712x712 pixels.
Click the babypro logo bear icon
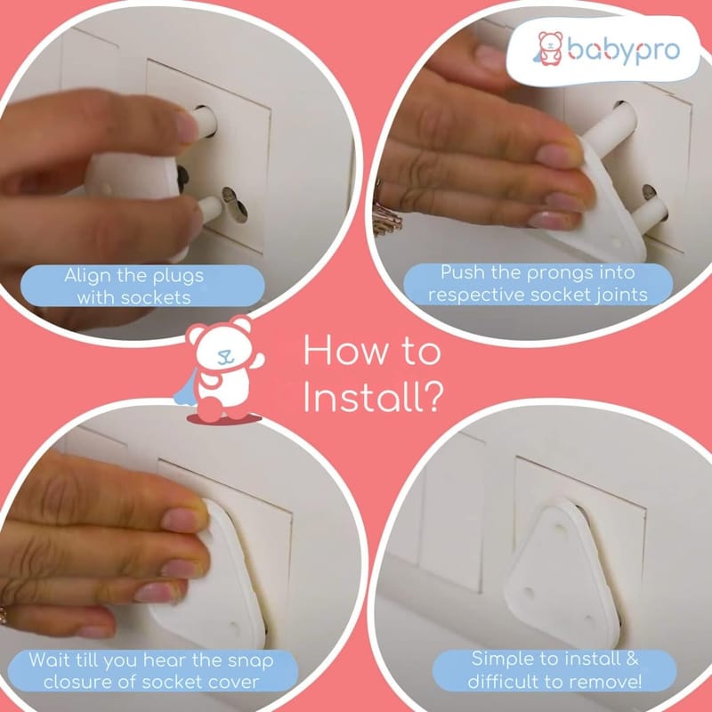point(549,48)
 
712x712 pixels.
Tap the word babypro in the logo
point(624,50)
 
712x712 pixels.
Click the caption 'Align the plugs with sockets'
point(134,287)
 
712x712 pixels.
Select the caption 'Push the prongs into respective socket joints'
point(538,284)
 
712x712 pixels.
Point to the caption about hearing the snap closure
point(151,671)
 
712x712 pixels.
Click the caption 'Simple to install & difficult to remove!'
point(554,670)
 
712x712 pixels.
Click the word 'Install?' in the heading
point(373,397)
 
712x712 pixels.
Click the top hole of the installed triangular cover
point(561,529)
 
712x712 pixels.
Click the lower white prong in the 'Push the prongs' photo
point(649,211)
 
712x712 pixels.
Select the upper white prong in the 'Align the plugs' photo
point(206,121)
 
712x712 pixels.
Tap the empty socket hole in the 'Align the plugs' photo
point(235,206)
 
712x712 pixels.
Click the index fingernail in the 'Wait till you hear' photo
point(182,519)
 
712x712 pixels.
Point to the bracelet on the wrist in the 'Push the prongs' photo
point(387,214)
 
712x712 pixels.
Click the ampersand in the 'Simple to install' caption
point(632,659)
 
